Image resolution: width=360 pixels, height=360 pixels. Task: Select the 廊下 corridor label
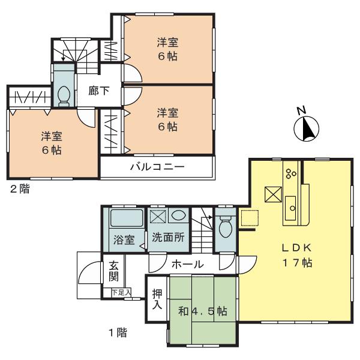[99, 91]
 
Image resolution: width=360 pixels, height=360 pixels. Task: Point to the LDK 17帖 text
[293, 256]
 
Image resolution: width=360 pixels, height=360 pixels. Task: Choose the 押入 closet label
[157, 299]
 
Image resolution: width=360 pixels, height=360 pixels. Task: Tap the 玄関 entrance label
[113, 272]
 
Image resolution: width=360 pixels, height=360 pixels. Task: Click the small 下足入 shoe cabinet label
[121, 292]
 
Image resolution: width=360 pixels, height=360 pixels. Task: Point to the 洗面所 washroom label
[167, 238]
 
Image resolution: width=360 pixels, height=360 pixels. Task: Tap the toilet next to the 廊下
[63, 94]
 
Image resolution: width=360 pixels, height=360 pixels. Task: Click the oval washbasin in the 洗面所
[178, 215]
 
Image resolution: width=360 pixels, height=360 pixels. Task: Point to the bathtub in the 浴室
[126, 217]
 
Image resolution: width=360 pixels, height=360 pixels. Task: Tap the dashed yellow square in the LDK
[248, 218]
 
